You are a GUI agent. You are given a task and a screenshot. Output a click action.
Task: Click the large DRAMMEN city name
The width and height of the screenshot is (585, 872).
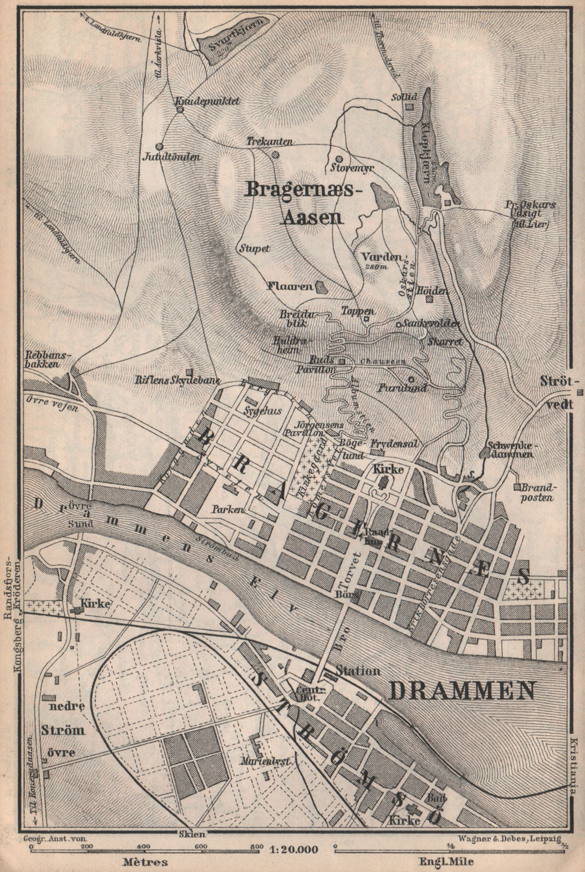(462, 691)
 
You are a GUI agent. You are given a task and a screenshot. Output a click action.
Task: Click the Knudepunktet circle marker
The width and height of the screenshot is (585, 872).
(179, 110)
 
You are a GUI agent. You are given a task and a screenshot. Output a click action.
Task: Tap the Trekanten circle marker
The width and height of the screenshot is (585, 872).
(275, 154)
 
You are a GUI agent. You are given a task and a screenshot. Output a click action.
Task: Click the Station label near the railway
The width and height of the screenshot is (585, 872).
(358, 671)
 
